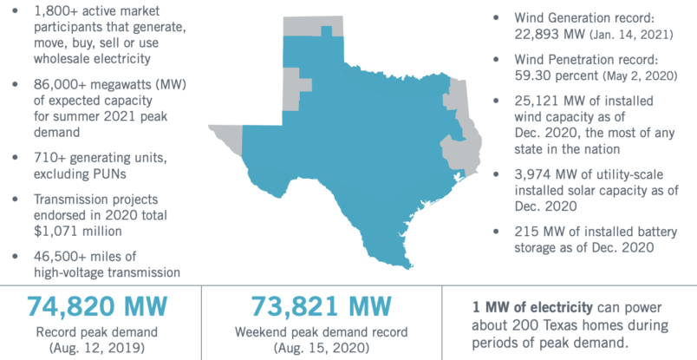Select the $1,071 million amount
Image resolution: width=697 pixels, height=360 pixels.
[x=74, y=232]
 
